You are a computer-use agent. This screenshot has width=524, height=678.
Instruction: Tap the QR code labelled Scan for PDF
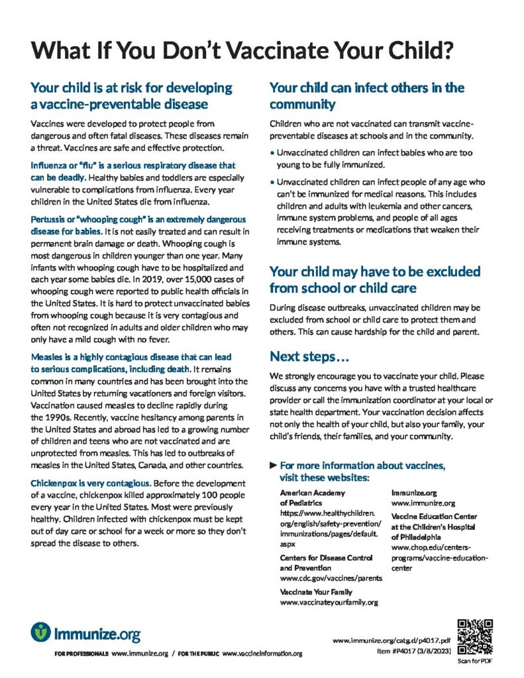pyautogui.click(x=475, y=636)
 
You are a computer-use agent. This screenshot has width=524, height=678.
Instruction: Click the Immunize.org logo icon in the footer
pyautogui.click(x=40, y=632)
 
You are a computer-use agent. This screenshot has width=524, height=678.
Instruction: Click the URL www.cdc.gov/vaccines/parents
pyautogui.click(x=331, y=577)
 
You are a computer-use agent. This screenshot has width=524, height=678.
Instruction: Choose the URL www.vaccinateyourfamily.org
pyautogui.click(x=329, y=602)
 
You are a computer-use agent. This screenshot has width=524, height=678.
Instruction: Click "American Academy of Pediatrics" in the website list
pyautogui.click(x=312, y=497)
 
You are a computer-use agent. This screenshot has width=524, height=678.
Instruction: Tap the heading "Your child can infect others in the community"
pyautogui.click(x=366, y=96)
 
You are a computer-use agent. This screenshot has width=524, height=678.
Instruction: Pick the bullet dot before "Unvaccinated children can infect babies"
pyautogui.click(x=272, y=153)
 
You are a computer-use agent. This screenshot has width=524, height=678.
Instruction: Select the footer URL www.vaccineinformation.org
pyautogui.click(x=262, y=654)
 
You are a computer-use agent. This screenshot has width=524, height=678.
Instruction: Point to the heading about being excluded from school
pyautogui.click(x=374, y=279)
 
